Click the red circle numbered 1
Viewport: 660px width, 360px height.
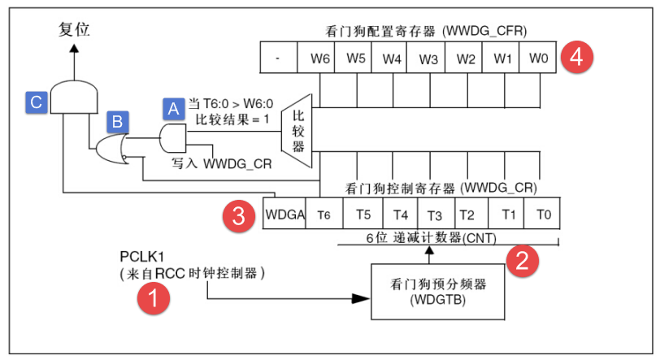[152, 300]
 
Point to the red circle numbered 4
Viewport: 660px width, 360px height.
[576, 58]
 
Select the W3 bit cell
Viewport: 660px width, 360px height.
[428, 59]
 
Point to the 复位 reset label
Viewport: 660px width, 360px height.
[74, 30]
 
